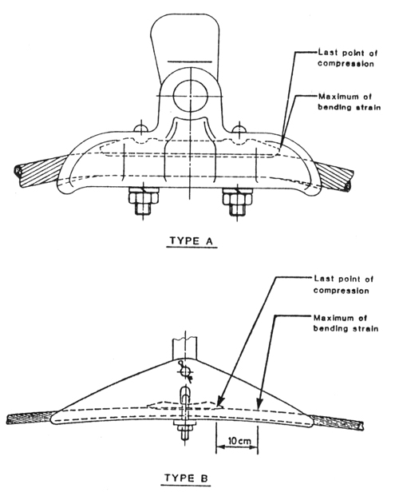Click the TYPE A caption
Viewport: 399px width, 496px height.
point(192,241)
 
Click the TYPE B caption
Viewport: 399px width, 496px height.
point(187,478)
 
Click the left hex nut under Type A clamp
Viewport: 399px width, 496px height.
point(143,198)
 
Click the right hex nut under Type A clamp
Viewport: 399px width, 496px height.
point(238,198)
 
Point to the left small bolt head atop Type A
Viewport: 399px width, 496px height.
point(141,128)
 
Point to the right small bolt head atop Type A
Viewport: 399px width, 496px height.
point(239,128)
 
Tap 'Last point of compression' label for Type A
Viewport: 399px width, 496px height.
point(348,58)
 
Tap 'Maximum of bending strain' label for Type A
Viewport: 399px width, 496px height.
point(349,102)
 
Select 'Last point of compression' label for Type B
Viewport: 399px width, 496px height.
point(343,284)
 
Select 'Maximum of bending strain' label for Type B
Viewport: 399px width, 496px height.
point(346,323)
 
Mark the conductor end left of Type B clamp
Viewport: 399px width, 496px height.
point(31,417)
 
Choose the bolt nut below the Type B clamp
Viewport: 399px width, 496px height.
point(184,429)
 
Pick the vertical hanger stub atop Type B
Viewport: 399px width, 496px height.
point(184,347)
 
